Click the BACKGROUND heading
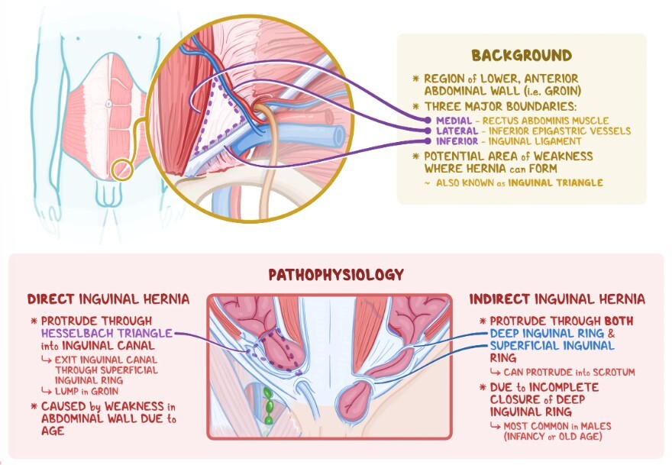point(522,55)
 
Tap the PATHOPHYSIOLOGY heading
point(336,273)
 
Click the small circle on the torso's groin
point(119,167)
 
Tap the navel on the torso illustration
point(109,104)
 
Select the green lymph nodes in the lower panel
point(268,407)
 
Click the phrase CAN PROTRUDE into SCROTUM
point(570,372)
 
